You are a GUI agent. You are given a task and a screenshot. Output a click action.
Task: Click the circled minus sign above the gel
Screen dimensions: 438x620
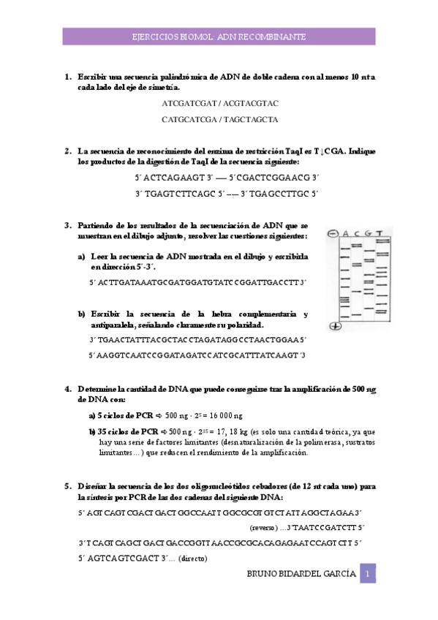click(x=333, y=234)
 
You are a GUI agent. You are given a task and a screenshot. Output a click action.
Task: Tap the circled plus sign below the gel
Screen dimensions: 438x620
click(x=336, y=326)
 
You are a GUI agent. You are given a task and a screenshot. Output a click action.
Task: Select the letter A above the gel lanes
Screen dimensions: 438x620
click(x=346, y=234)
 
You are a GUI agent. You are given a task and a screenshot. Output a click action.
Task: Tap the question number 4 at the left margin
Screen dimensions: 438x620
click(x=67, y=389)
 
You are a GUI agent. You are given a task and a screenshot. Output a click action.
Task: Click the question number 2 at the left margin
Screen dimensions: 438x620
click(x=67, y=151)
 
